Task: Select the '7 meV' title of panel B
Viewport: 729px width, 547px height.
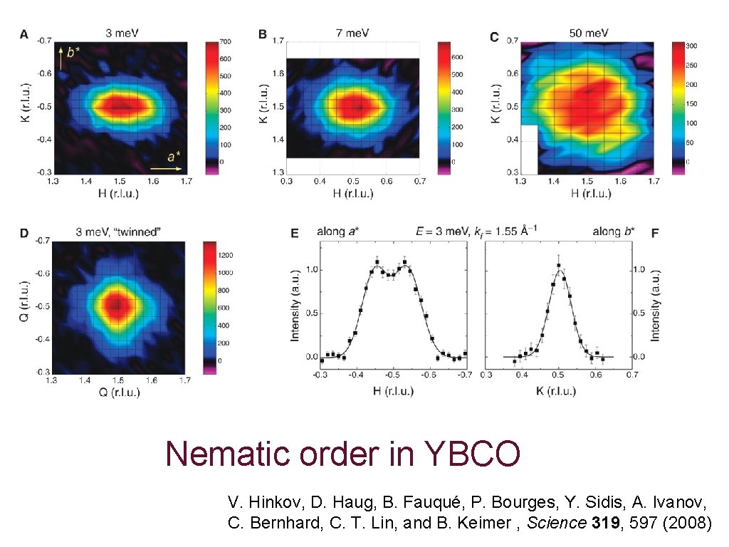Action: pos(352,32)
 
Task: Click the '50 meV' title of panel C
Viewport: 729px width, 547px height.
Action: pos(587,32)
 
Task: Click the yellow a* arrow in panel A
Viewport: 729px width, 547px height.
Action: pos(167,169)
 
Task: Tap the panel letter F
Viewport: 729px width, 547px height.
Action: pos(654,232)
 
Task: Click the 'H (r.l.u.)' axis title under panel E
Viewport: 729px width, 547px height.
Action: pos(392,391)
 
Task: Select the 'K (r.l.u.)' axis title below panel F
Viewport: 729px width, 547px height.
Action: pos(557,391)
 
